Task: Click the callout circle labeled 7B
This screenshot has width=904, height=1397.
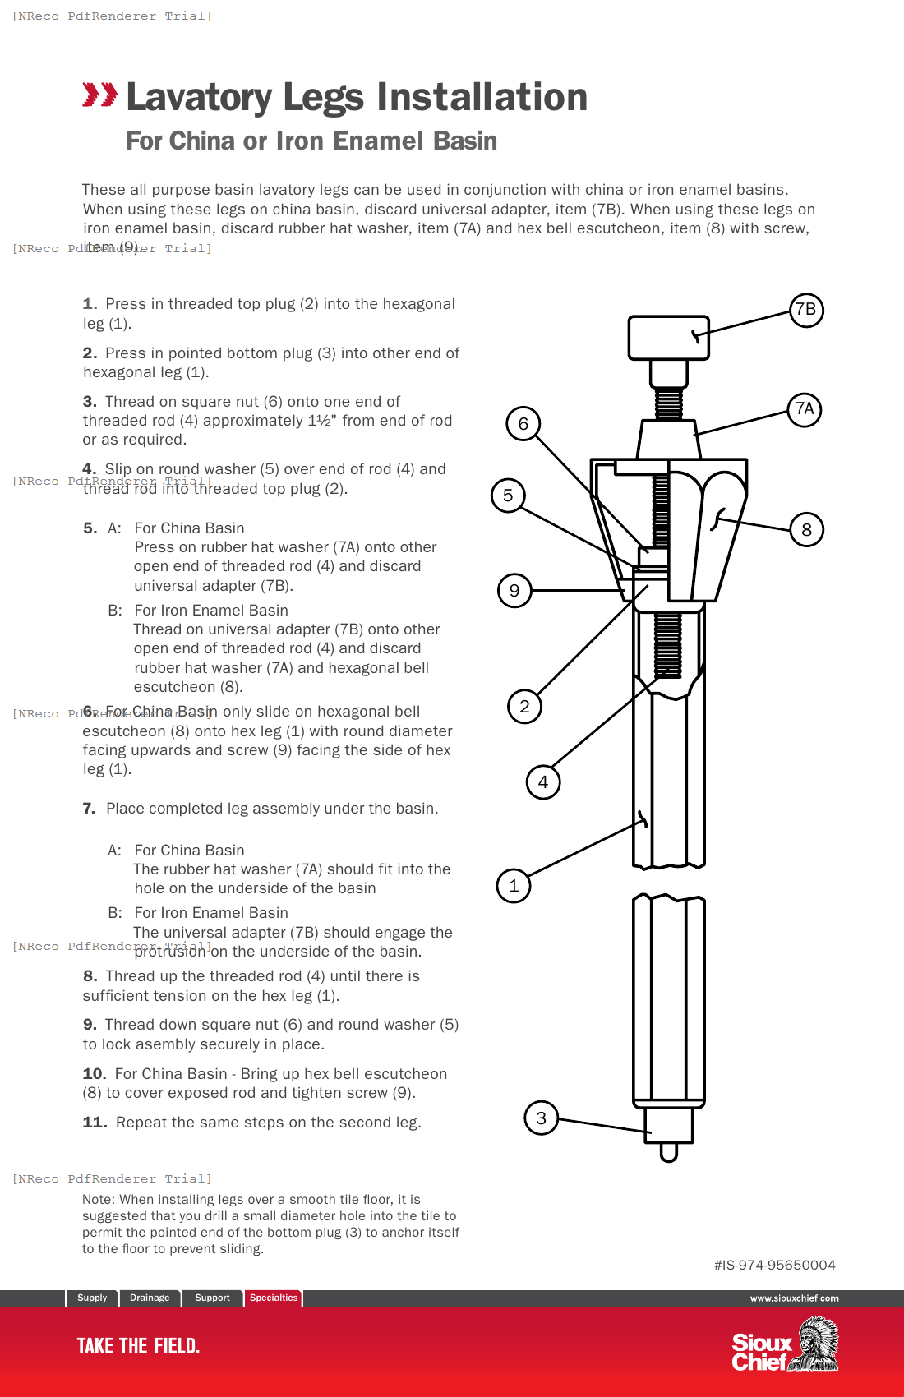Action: (x=806, y=310)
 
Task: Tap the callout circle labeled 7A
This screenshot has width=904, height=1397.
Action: (x=805, y=409)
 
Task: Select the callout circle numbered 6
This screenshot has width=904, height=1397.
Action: (x=523, y=424)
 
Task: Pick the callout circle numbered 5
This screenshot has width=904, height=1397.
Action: (x=508, y=496)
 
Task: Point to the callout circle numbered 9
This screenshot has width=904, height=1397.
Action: (x=514, y=591)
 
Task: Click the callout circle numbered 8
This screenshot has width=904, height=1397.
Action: (x=806, y=530)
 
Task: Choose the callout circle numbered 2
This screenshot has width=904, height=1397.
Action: (x=524, y=707)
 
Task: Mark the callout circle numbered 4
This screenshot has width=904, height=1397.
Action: (x=543, y=782)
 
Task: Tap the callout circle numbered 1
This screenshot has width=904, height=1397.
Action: (x=514, y=886)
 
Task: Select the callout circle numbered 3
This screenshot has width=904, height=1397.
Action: (x=541, y=1118)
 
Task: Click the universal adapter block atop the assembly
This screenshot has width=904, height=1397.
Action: (x=668, y=337)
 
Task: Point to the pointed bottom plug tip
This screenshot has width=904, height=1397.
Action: (x=668, y=1152)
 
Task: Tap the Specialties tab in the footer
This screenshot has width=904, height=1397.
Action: (x=274, y=1298)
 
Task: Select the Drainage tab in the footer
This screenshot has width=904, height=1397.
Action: (x=150, y=1298)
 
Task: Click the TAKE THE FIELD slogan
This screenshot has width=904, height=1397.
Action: (x=138, y=1346)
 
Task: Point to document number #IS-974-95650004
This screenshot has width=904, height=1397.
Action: (x=774, y=1266)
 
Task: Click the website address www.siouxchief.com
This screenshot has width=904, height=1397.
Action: (x=794, y=1298)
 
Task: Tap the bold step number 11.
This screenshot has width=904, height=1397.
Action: (x=95, y=1123)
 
